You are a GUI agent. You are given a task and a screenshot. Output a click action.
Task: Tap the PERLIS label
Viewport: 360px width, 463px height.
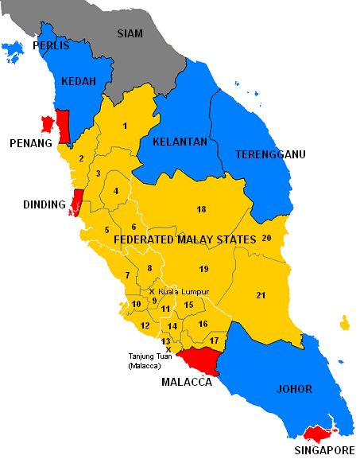click(x=52, y=47)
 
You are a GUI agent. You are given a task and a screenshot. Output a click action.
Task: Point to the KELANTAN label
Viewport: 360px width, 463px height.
click(x=180, y=142)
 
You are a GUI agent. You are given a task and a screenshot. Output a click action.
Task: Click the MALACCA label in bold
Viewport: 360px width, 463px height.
click(x=187, y=382)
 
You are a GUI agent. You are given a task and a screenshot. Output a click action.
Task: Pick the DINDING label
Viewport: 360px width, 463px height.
click(x=44, y=204)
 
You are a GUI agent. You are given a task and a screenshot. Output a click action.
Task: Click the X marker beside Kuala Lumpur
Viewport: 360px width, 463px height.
click(x=152, y=291)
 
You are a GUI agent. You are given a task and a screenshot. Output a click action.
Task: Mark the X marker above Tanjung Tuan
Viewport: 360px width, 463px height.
click(x=168, y=348)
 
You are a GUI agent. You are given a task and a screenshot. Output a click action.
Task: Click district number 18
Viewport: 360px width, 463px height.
click(x=201, y=209)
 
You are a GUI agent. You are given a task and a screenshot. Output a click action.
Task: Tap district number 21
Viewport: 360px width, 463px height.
click(x=261, y=295)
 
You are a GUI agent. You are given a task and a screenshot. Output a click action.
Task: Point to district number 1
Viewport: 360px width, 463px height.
click(x=125, y=126)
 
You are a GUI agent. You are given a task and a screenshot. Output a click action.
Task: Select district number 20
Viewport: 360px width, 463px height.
click(x=266, y=238)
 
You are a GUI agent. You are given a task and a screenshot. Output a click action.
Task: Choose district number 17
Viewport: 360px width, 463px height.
click(x=214, y=340)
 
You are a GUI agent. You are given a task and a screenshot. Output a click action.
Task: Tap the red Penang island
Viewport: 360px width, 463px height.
click(x=48, y=125)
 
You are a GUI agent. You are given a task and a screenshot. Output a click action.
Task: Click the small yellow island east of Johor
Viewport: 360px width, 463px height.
click(x=345, y=323)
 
